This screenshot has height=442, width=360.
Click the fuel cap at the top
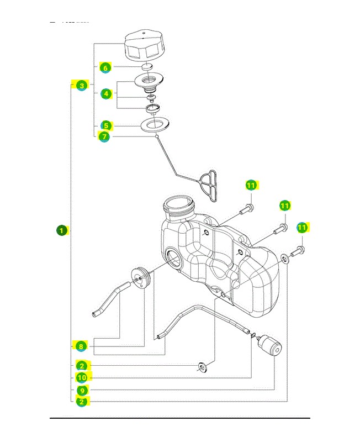(x=144, y=46)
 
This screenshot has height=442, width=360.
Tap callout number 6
(x=105, y=67)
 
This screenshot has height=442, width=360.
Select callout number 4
(x=106, y=94)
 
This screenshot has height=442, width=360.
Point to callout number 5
(x=106, y=125)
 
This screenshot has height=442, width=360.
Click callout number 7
(x=104, y=136)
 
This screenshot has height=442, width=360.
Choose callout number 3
(x=82, y=86)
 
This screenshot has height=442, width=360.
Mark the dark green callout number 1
(x=62, y=230)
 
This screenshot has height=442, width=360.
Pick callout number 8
(x=81, y=346)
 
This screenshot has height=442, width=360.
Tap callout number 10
(x=82, y=378)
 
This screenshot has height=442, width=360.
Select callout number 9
(x=82, y=390)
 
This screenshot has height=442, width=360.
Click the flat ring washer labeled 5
(x=154, y=125)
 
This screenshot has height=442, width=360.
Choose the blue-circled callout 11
(x=302, y=228)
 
